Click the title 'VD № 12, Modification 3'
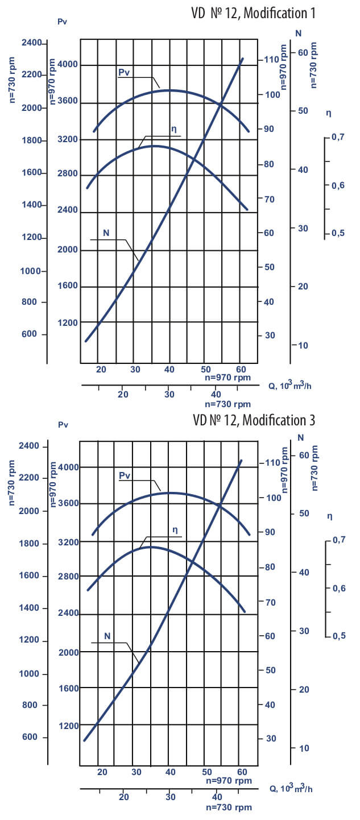pos(254,420)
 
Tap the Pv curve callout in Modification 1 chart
pos(125,72)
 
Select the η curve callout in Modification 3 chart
pos(175,530)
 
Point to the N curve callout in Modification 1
pos(106,233)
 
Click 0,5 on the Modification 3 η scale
pos(340,636)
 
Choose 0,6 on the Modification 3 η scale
pos(340,588)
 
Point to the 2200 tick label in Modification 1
pos(32,74)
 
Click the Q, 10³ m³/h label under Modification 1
pos(290,386)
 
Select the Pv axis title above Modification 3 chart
pos(63,425)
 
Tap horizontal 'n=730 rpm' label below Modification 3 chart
pos(228,807)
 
